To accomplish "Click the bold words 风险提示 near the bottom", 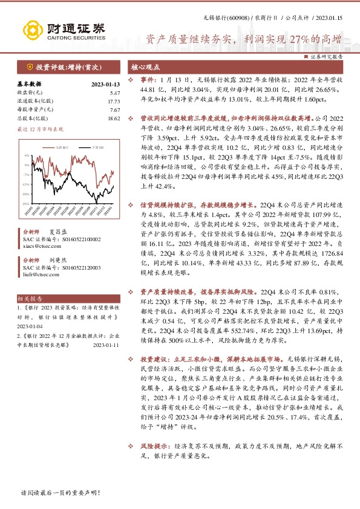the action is [154, 460].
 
